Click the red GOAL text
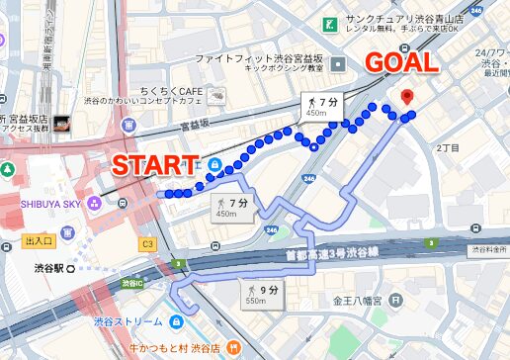(402, 62)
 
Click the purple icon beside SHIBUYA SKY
(95, 203)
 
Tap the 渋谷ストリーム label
(128, 322)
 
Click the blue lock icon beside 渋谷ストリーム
(175, 322)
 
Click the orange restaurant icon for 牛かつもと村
(231, 346)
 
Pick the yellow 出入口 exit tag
(39, 240)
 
